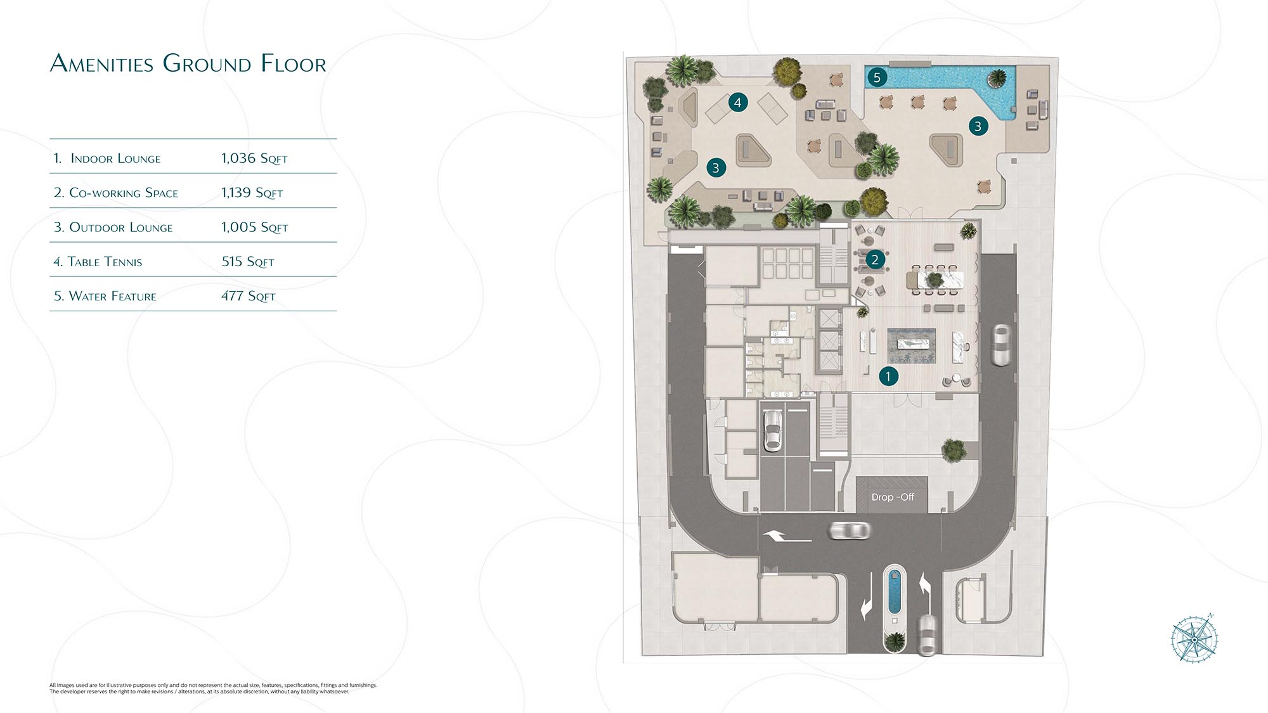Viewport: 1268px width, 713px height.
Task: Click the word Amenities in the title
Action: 102,63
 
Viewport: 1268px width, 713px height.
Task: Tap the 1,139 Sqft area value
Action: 252,193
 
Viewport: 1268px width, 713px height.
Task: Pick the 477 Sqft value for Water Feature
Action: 249,296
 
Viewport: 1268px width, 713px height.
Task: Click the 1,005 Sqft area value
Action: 255,227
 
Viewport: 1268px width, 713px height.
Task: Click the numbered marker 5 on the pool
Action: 877,77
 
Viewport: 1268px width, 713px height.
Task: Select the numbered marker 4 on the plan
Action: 737,102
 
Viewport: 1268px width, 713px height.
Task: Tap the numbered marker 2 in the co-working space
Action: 875,259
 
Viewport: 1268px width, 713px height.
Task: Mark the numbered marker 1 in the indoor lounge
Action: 888,376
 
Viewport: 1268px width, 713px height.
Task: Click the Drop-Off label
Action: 893,497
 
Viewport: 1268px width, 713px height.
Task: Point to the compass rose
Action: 1194,639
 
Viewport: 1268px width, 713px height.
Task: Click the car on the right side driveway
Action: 1001,345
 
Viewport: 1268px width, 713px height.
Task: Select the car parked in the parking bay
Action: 772,431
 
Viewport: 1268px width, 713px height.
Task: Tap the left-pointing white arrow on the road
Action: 787,537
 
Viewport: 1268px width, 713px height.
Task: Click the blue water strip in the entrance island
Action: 895,591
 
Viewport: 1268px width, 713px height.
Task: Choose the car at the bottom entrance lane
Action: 928,634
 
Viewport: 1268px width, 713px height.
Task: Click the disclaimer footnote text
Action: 213,688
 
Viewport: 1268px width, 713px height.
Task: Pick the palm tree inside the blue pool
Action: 997,79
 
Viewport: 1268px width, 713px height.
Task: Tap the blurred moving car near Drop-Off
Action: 850,530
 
